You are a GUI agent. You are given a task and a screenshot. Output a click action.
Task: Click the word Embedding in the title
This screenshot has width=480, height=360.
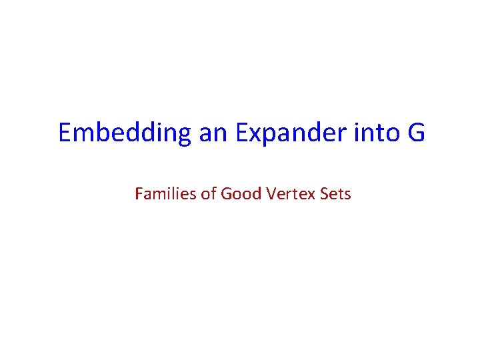(x=125, y=133)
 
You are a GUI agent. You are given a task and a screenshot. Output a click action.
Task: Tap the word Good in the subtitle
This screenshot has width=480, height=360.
(x=237, y=194)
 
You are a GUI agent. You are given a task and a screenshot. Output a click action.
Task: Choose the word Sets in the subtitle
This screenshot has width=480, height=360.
(x=335, y=194)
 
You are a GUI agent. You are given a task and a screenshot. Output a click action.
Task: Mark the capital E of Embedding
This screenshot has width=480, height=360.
(x=65, y=133)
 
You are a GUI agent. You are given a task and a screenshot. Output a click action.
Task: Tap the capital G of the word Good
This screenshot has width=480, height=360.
(x=225, y=194)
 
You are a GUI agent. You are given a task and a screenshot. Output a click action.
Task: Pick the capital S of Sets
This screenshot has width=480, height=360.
(x=324, y=194)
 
